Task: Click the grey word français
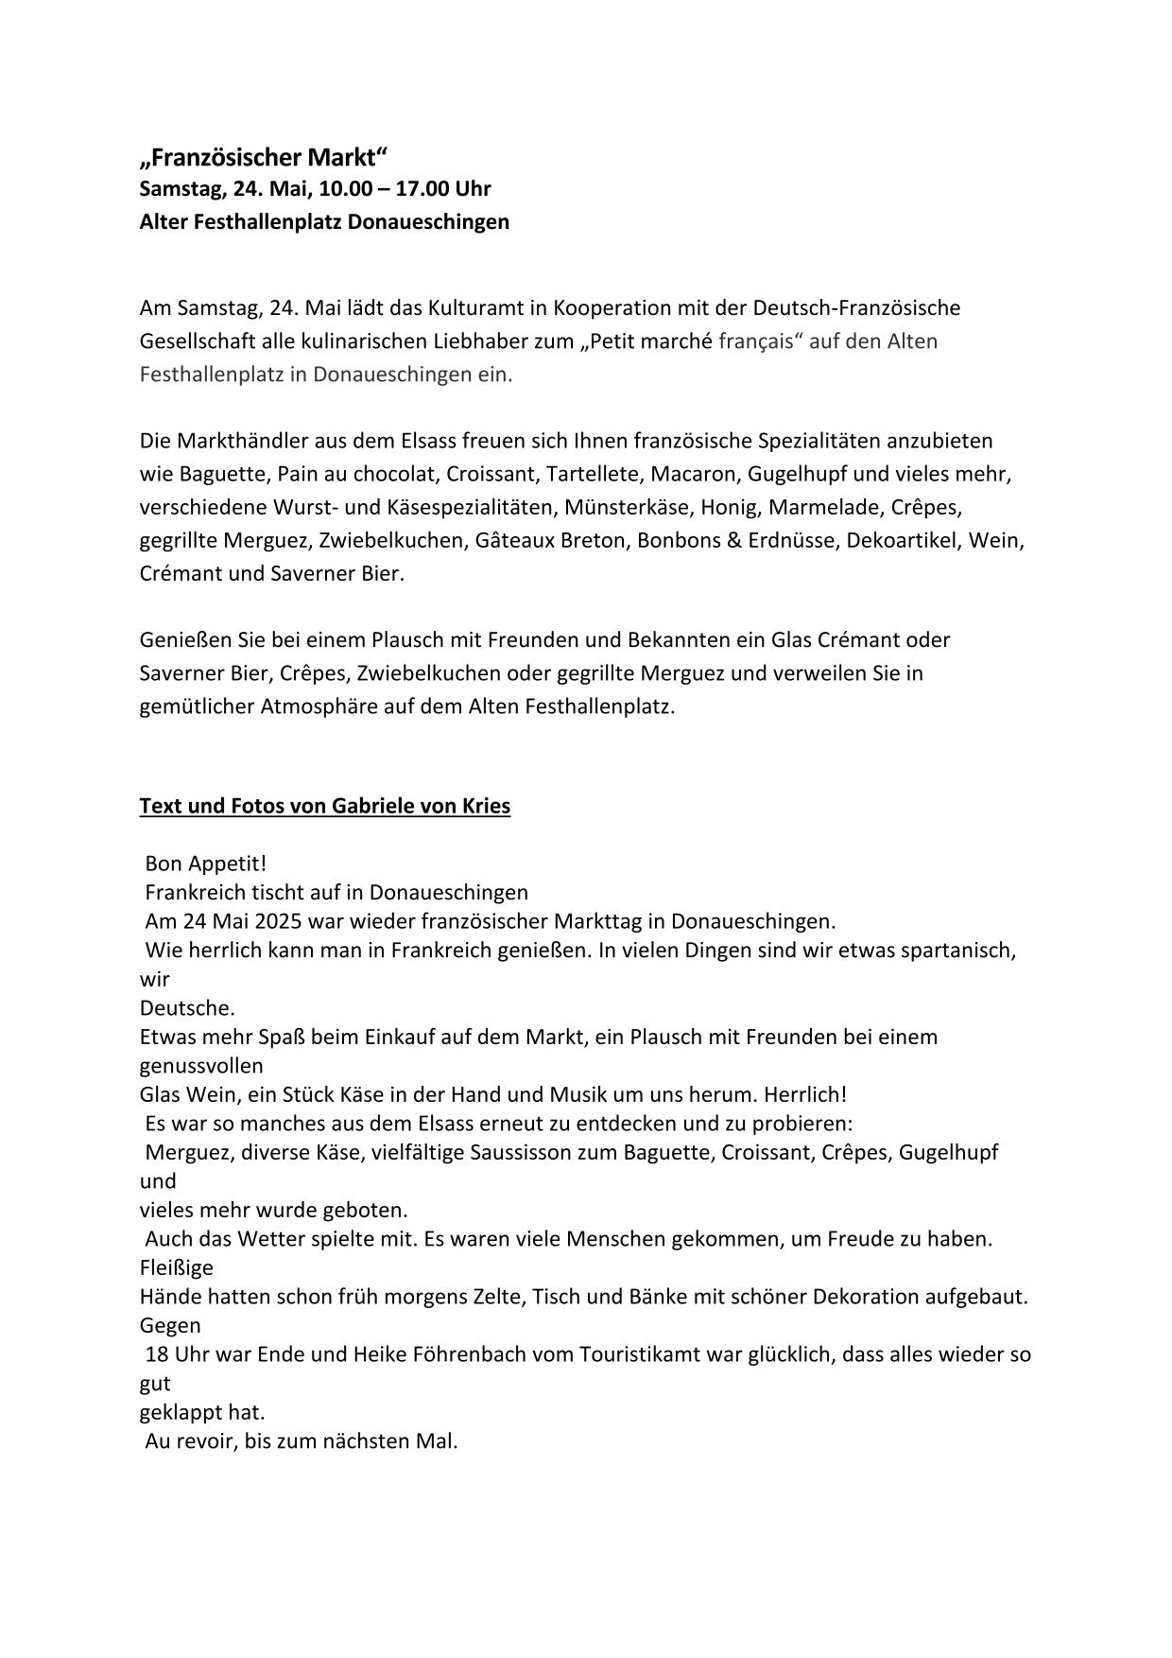[755, 340]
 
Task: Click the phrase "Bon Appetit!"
[206, 864]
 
